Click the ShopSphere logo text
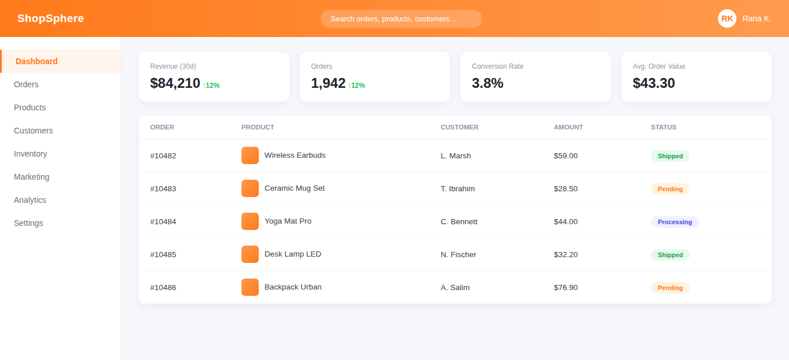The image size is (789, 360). click(50, 18)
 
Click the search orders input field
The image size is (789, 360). click(401, 18)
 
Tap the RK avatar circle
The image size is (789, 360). click(727, 18)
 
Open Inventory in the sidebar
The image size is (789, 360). click(30, 154)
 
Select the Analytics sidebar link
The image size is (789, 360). click(30, 200)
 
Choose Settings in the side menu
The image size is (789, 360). click(28, 223)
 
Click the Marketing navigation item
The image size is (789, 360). click(31, 177)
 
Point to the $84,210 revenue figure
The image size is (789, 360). click(175, 83)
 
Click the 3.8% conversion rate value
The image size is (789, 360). click(487, 83)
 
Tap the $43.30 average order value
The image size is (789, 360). click(654, 83)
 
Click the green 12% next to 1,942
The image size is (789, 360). click(356, 86)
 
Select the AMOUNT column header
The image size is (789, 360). click(568, 127)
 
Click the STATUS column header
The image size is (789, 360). click(664, 127)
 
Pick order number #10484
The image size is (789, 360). click(163, 221)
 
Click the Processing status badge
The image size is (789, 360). click(675, 222)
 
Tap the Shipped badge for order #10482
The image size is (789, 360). click(670, 156)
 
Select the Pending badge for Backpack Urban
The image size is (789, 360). click(670, 288)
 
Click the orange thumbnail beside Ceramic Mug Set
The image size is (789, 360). click(250, 188)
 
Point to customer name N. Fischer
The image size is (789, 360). click(458, 255)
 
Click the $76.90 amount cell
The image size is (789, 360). click(565, 287)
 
